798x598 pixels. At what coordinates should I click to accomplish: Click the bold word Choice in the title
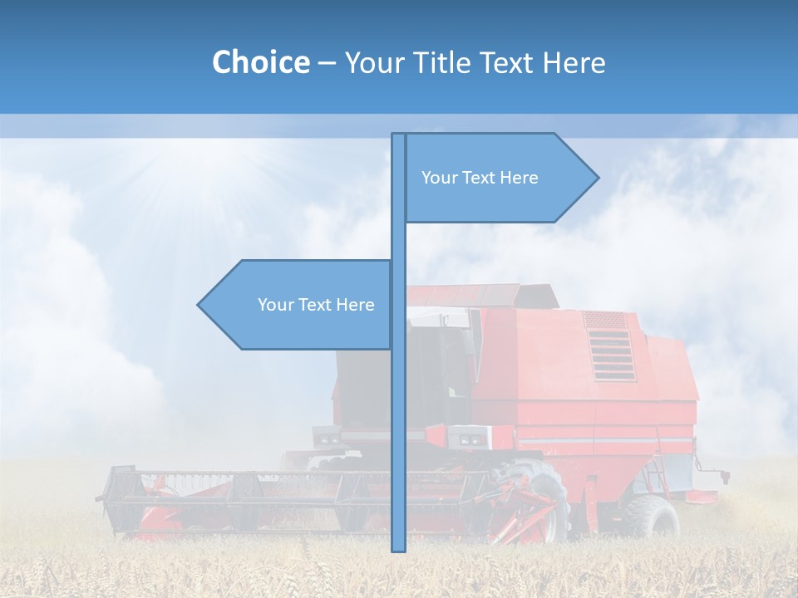[260, 62]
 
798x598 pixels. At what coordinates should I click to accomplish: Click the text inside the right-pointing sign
[480, 178]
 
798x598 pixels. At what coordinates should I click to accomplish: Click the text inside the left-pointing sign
[316, 305]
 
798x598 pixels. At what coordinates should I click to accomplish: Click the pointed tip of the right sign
[596, 177]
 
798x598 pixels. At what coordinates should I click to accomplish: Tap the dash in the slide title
[327, 63]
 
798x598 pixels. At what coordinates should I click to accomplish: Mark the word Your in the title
[372, 62]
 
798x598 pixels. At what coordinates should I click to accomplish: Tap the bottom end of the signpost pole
[398, 548]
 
